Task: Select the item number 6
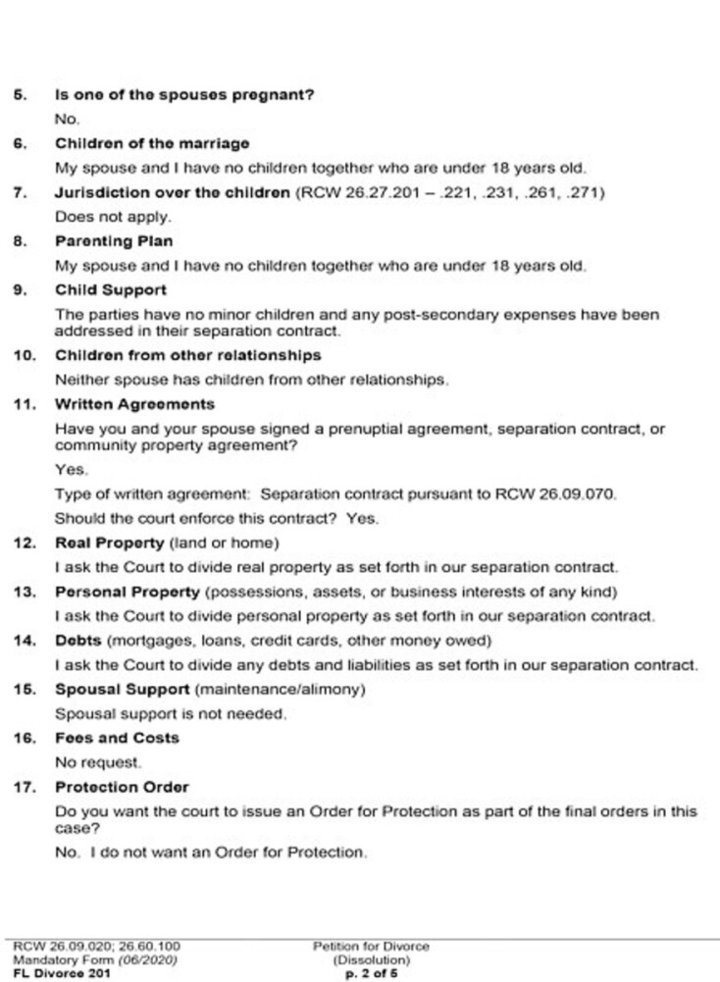(20, 144)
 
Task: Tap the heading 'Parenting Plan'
(107, 239)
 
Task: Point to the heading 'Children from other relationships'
(187, 354)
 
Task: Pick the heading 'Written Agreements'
(134, 403)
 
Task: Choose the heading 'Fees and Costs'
(104, 738)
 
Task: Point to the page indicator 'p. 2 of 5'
(371, 973)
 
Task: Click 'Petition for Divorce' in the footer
(371, 946)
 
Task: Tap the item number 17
(24, 787)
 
